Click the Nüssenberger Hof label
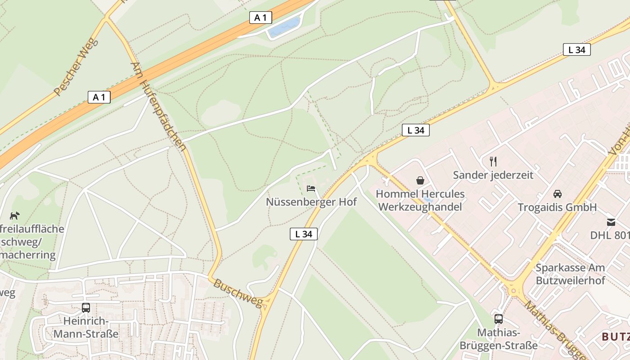[x=311, y=202]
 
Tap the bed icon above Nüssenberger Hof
[x=311, y=189]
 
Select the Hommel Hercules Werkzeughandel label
[x=420, y=201]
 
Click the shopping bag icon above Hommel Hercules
[x=420, y=180]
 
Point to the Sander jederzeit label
[x=493, y=175]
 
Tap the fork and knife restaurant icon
[x=493, y=161]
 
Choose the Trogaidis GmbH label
[x=557, y=207]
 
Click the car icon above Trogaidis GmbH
[x=558, y=194]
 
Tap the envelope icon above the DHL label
[x=611, y=222]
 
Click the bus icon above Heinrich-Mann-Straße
[x=86, y=308]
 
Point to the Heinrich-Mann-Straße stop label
[x=86, y=328]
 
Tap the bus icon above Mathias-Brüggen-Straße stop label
[x=499, y=319]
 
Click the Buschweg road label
[x=238, y=293]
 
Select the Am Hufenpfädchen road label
[x=158, y=106]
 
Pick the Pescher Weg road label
[x=75, y=67]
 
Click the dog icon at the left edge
[x=15, y=216]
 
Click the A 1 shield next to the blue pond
[x=261, y=18]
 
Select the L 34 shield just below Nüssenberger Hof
[x=304, y=234]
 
